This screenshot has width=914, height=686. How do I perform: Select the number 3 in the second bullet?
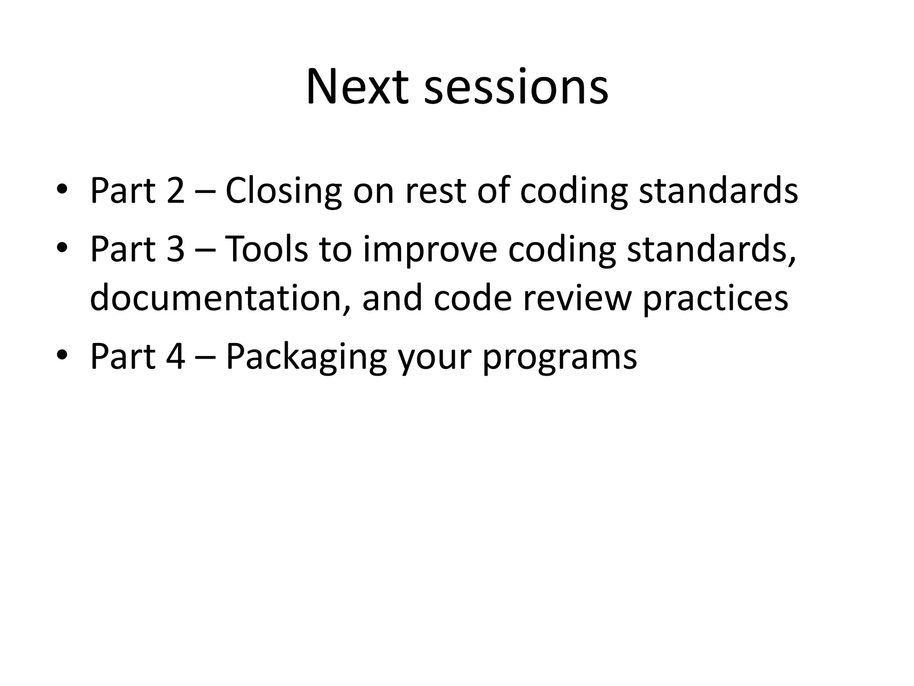click(x=175, y=249)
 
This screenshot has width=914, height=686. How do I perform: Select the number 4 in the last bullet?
click(x=175, y=356)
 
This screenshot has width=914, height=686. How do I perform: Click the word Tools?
click(x=266, y=249)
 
